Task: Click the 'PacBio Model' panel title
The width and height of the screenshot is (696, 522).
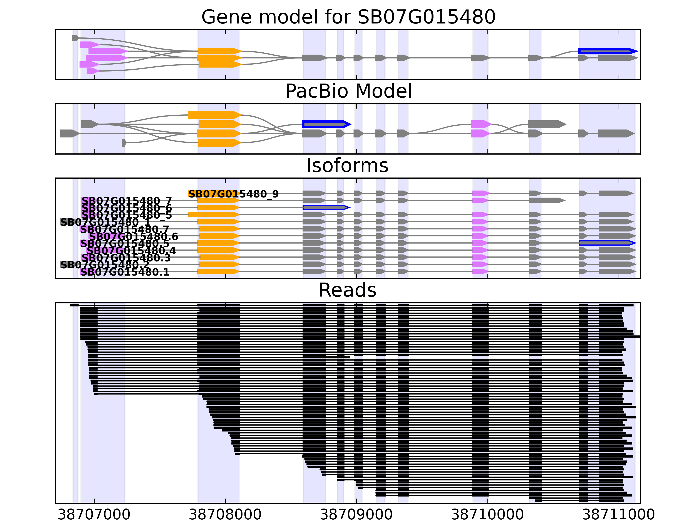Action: pyautogui.click(x=348, y=91)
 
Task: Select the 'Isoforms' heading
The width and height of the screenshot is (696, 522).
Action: pyautogui.click(x=347, y=166)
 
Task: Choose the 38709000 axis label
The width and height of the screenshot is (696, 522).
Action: pyautogui.click(x=356, y=514)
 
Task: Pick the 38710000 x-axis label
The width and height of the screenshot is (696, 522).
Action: pyautogui.click(x=487, y=514)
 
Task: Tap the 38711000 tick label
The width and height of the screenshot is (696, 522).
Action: pyautogui.click(x=619, y=514)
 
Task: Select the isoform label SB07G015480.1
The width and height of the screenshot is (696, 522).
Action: pyautogui.click(x=125, y=272)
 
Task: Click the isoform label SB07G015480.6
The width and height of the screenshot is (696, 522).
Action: pyautogui.click(x=133, y=236)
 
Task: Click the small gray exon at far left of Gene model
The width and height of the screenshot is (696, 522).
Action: pyautogui.click(x=75, y=38)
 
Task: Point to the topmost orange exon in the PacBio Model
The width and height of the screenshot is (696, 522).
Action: pyautogui.click(x=214, y=115)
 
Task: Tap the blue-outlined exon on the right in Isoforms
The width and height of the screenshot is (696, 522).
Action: pyautogui.click(x=607, y=243)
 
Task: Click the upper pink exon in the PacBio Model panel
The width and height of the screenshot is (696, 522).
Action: pyautogui.click(x=480, y=124)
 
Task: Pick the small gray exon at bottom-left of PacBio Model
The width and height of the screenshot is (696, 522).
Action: pyautogui.click(x=124, y=143)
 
